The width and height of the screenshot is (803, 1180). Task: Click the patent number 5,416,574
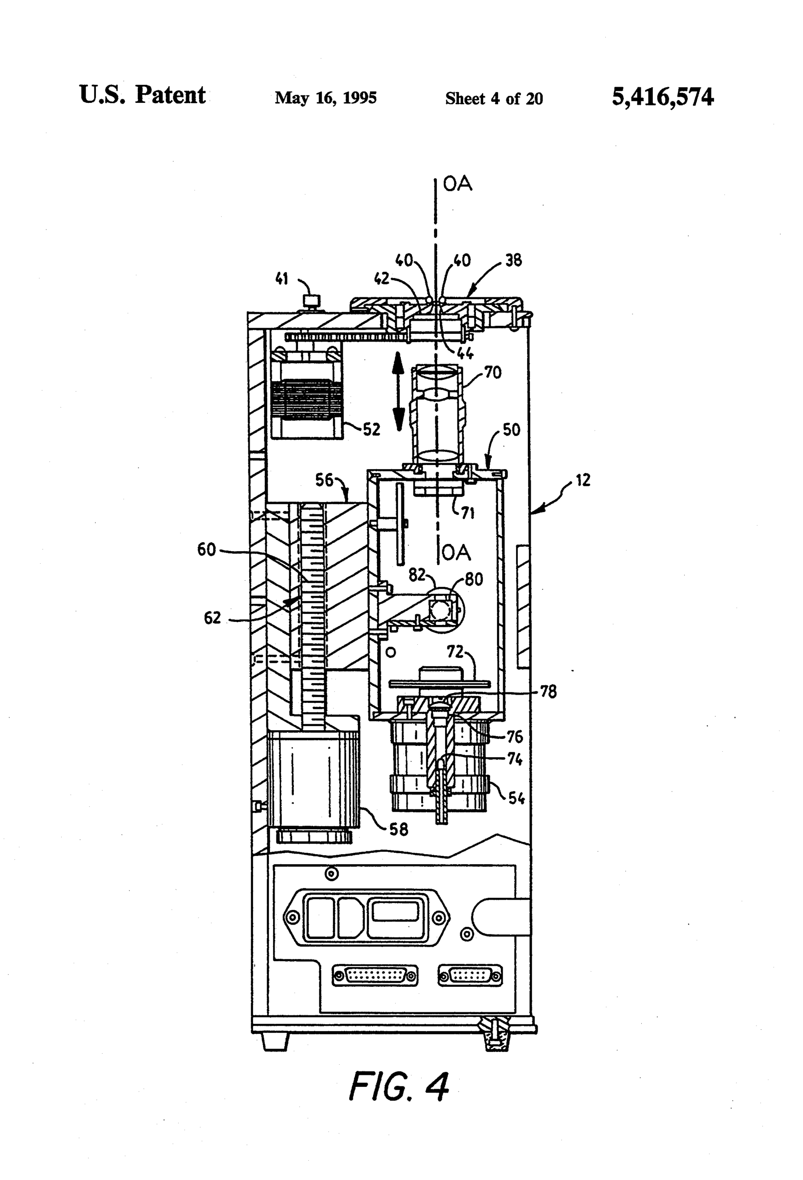[x=662, y=96]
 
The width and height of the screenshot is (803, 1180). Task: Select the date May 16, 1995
[x=325, y=97]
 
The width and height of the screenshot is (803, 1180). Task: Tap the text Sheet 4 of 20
[x=494, y=98]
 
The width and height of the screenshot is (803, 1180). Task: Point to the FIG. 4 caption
[x=399, y=1087]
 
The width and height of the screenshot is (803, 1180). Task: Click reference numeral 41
[x=281, y=278]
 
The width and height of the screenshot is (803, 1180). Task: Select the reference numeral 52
[x=371, y=430]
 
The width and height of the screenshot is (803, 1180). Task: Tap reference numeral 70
[x=492, y=373]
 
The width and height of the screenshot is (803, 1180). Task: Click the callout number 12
[x=583, y=480]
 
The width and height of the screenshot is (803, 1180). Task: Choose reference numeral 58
[x=399, y=829]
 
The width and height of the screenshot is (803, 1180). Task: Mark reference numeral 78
[x=548, y=691]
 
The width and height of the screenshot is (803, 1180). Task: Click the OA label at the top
[x=457, y=184]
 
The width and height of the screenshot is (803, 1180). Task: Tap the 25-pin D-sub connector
[x=375, y=975]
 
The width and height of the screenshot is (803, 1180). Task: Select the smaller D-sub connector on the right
[x=470, y=975]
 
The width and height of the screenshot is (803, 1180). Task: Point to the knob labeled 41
[x=308, y=301]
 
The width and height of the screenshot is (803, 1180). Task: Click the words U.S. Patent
[x=142, y=95]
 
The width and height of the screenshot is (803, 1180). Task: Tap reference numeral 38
[x=513, y=260]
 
